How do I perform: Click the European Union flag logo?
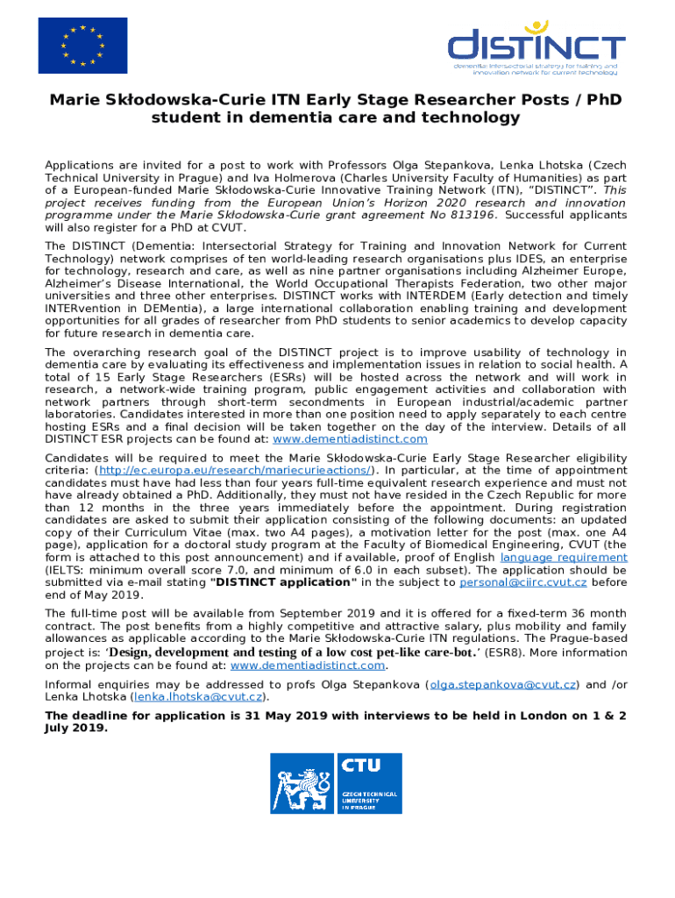[82, 46]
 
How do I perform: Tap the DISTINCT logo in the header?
[536, 47]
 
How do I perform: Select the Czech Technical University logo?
[337, 783]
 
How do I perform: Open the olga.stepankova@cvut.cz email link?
[503, 684]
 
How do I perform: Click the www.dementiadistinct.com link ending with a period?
[308, 665]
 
